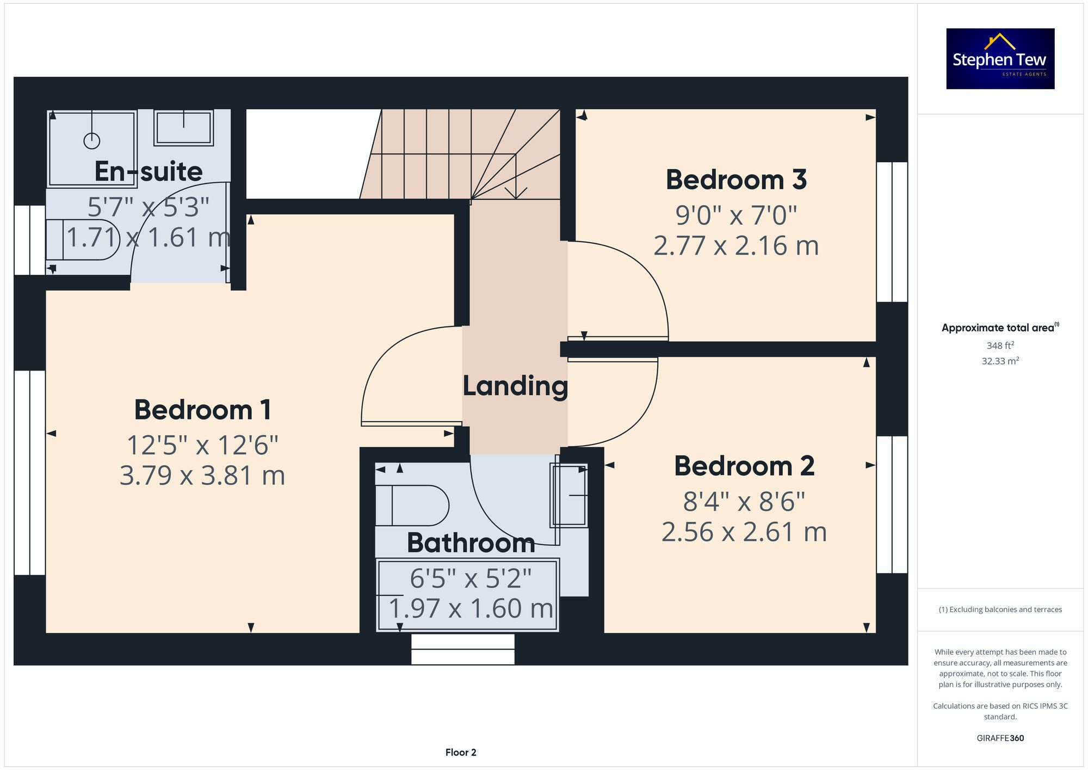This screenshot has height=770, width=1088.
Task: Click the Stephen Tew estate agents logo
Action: pos(1000,59)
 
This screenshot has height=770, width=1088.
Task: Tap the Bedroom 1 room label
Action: pos(202,410)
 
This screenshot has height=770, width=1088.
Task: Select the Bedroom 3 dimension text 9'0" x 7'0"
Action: pos(736,215)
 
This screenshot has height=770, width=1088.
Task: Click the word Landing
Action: pos(515,386)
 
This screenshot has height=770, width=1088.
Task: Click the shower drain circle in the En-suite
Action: pos(92,141)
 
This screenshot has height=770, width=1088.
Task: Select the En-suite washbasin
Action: pos(183,128)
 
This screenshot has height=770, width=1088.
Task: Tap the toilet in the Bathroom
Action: pos(412,506)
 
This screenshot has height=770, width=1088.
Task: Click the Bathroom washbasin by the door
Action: pos(569,495)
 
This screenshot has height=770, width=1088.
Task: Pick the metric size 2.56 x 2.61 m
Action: pos(744,532)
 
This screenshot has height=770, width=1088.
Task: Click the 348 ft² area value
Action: pos(1000,346)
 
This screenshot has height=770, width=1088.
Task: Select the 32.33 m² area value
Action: pos(1000,361)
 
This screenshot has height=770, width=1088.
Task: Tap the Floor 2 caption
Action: pos(460,753)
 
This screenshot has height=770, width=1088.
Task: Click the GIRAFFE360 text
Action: pos(1000,738)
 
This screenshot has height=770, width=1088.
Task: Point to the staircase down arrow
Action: pos(516,192)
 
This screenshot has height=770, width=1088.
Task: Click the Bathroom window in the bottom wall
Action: pos(462,649)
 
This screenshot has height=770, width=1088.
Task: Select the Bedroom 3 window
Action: pos(892,232)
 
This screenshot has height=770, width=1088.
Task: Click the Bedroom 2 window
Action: pos(892,504)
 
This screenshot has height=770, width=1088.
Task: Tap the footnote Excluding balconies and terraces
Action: pos(1000,609)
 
